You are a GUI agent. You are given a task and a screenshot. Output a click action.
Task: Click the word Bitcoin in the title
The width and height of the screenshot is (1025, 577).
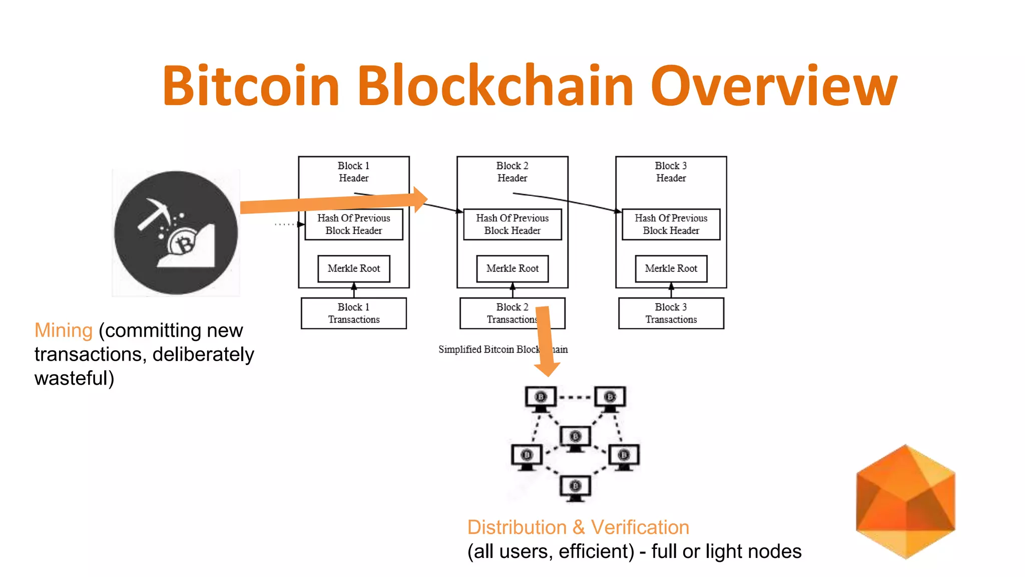pyautogui.click(x=250, y=86)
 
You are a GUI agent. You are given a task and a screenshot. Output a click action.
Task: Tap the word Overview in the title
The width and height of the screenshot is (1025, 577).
pyautogui.click(x=774, y=86)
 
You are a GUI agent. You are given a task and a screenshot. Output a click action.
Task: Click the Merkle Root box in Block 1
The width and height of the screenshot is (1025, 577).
pyautogui.click(x=354, y=268)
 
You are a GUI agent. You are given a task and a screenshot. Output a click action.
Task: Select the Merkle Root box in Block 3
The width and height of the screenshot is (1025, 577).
pyautogui.click(x=671, y=268)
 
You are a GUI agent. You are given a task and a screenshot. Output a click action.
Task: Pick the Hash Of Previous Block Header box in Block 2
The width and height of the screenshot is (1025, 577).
pyautogui.click(x=512, y=224)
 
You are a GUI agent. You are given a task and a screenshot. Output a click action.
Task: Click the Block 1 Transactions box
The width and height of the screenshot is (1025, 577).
pyautogui.click(x=354, y=313)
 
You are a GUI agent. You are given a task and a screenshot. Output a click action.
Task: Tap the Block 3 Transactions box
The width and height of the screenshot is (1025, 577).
pyautogui.click(x=671, y=313)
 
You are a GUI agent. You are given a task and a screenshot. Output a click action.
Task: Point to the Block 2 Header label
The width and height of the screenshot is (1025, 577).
pyautogui.click(x=512, y=172)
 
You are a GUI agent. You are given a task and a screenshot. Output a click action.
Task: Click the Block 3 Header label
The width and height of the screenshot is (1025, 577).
pyautogui.click(x=671, y=172)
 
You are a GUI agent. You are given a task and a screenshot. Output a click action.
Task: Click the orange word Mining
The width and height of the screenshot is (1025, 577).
pyautogui.click(x=64, y=331)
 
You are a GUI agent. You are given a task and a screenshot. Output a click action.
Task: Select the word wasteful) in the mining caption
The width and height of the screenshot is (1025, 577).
pyautogui.click(x=74, y=378)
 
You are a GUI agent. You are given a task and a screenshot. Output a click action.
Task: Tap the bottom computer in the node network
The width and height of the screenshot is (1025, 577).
pyautogui.click(x=575, y=488)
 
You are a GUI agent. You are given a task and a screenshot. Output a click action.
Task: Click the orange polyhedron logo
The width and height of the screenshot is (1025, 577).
pyautogui.click(x=905, y=501)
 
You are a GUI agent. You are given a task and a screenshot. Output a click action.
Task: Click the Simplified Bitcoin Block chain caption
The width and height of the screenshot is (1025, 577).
pyautogui.click(x=502, y=349)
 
